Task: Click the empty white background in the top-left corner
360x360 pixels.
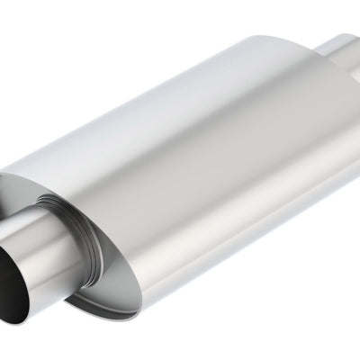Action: (x=36, y=36)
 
